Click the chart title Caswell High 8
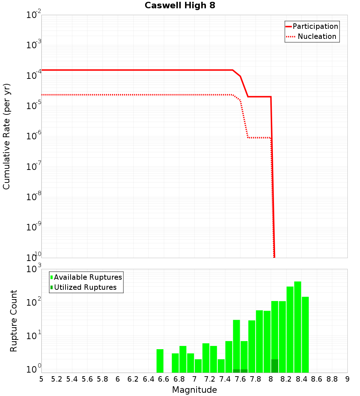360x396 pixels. (x=180, y=6)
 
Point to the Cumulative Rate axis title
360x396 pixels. (x=6, y=136)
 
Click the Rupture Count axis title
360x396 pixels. (x=14, y=321)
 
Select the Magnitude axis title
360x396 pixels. (x=194, y=390)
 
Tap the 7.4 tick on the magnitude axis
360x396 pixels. (x=225, y=379)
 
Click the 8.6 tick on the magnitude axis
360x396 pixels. (x=317, y=379)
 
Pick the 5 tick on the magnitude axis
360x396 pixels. (x=41, y=379)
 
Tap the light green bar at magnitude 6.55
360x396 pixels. (x=160, y=361)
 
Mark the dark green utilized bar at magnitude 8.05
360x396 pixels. (x=275, y=366)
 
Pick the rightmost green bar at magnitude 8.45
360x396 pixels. (x=305, y=335)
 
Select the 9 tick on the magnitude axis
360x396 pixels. (x=347, y=379)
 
